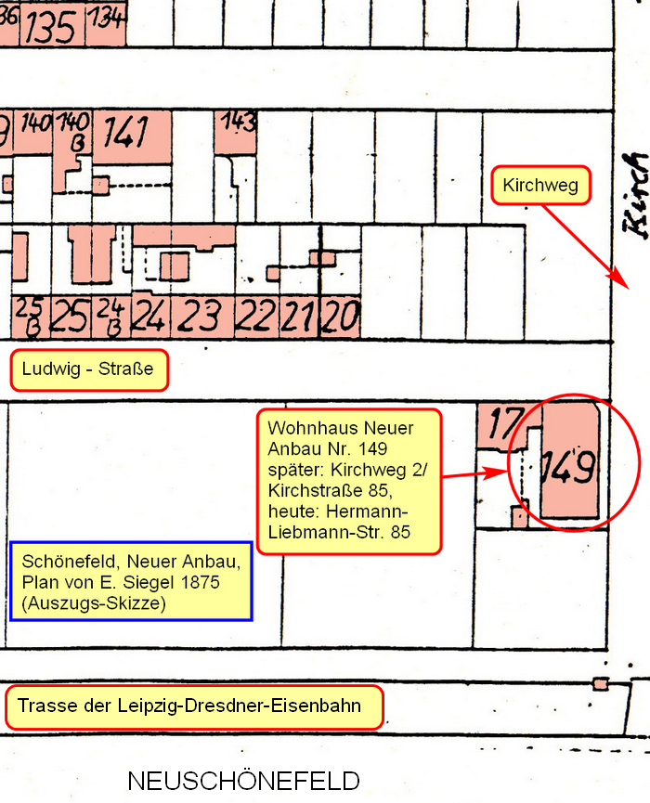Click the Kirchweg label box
click(540, 186)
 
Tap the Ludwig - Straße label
click(89, 371)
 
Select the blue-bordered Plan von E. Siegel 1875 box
click(130, 581)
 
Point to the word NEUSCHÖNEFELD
click(243, 780)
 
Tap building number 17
click(502, 425)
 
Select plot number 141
click(126, 133)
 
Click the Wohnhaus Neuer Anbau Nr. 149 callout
click(347, 481)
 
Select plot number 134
click(107, 19)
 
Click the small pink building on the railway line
click(600, 684)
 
